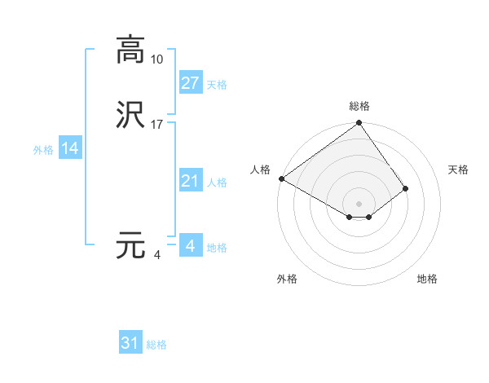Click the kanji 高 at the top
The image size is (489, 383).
tap(130, 51)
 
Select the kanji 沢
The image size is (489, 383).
tap(130, 115)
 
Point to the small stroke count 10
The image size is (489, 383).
tap(157, 59)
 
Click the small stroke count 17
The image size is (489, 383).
tap(157, 124)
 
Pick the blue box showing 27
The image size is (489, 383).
tap(190, 82)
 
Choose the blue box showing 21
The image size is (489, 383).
tap(190, 181)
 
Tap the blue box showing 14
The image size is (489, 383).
tap(70, 148)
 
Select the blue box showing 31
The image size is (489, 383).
tap(130, 343)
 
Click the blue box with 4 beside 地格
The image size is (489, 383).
tap(190, 245)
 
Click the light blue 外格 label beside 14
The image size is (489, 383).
tap(43, 150)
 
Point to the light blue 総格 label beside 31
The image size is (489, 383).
tap(156, 345)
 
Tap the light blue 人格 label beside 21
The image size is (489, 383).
tap(218, 183)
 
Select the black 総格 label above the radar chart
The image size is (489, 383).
tap(359, 106)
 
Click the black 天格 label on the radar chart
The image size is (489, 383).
tap(458, 169)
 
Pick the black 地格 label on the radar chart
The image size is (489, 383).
tap(427, 279)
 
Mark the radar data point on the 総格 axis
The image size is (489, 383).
tap(359, 124)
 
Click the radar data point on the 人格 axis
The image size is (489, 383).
tap(281, 178)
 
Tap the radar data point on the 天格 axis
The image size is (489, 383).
tap(406, 188)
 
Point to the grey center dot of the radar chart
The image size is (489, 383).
tap(359, 203)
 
